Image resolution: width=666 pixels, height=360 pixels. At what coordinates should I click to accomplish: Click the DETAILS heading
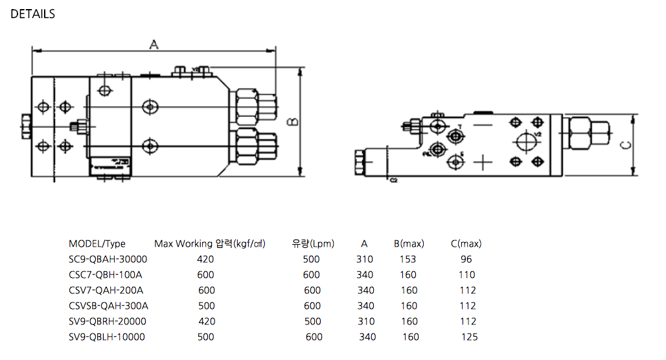pos(33,14)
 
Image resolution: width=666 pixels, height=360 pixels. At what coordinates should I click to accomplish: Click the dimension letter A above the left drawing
pos(154,44)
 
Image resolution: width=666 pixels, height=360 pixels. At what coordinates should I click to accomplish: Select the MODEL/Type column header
pos(97,244)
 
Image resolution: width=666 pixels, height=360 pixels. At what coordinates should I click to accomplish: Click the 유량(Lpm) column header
pos(313,244)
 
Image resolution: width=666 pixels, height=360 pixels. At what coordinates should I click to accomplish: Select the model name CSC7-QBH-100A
pos(105,275)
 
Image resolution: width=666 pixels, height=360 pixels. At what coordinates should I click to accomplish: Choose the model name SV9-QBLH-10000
pos(107,337)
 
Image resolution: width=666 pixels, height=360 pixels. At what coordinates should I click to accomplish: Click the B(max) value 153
pos(408,260)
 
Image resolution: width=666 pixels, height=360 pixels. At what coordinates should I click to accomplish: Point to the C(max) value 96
pos(466,260)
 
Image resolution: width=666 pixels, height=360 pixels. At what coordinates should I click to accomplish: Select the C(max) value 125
pos(469,337)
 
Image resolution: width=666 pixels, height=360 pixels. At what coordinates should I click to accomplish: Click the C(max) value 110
pos(467,275)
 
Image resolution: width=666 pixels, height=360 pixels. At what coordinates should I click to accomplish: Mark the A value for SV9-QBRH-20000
pos(365,322)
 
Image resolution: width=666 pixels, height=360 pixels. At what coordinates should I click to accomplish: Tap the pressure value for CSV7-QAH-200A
pos(207,291)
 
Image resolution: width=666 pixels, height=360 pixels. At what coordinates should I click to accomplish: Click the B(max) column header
pos(409,244)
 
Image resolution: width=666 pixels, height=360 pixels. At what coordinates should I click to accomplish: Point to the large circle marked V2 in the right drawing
pos(527,141)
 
